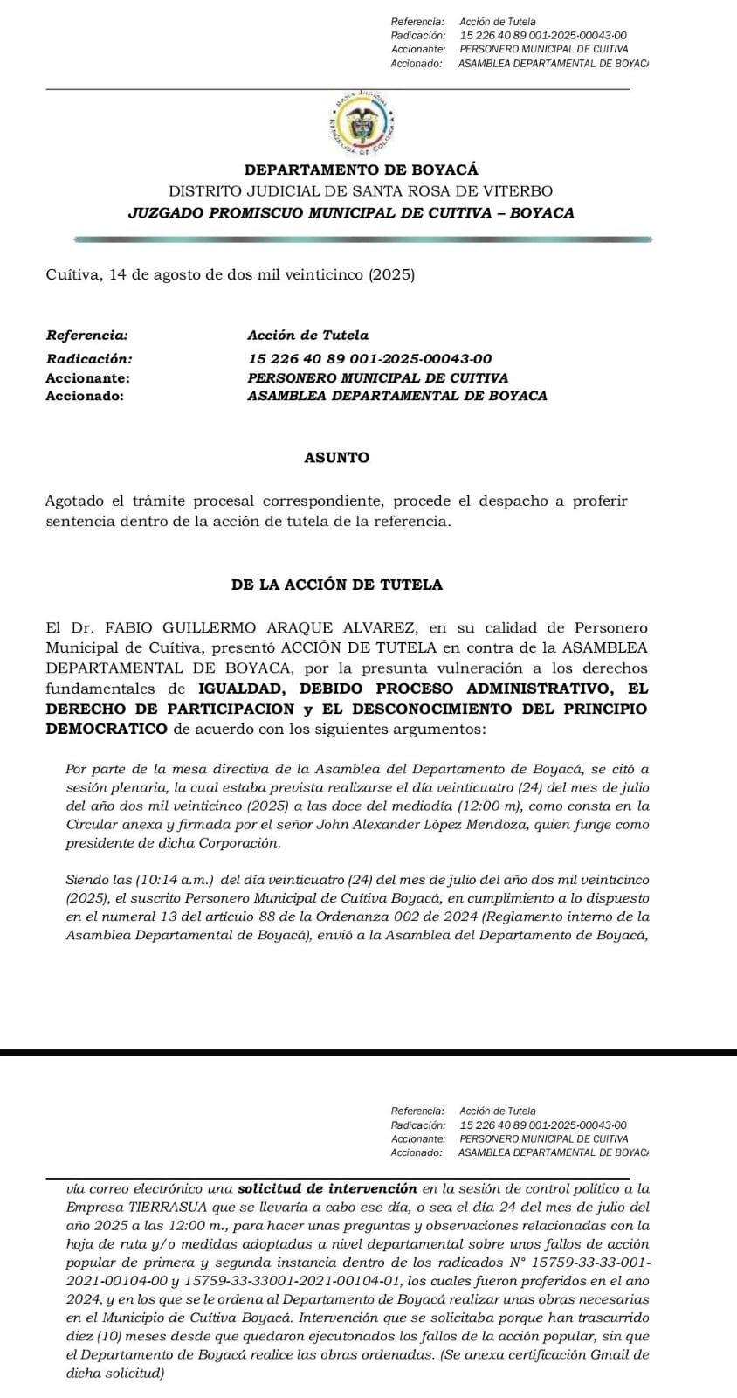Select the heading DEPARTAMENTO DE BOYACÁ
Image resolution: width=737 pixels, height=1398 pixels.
[361, 170]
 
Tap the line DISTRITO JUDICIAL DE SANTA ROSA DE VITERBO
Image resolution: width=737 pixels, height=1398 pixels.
[361, 191]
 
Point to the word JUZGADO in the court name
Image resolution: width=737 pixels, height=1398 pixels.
[162, 213]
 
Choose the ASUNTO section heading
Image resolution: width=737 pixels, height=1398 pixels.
[336, 458]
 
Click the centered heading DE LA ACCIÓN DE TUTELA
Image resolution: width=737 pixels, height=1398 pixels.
[337, 585]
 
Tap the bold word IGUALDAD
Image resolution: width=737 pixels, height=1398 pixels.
[240, 689]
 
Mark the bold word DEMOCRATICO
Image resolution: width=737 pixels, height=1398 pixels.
[106, 729]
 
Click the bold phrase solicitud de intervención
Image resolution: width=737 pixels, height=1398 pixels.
[327, 1188]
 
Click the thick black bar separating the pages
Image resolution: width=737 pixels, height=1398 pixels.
[368, 1053]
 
